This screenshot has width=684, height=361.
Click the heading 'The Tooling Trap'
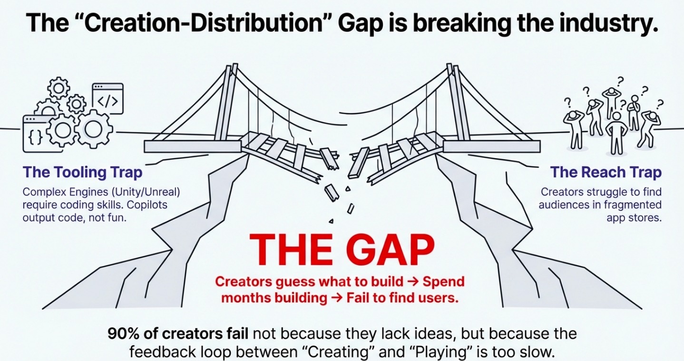pyautogui.click(x=82, y=172)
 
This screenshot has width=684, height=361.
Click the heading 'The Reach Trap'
pyautogui.click(x=606, y=172)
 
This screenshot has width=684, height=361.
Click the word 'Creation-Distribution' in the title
pyautogui.click(x=203, y=23)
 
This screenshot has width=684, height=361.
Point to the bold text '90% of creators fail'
pyautogui.click(x=178, y=334)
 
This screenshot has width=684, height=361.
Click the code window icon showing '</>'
pyautogui.click(x=108, y=98)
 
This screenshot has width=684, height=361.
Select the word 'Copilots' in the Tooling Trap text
pyautogui.click(x=147, y=205)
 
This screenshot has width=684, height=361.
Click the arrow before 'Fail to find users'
pyautogui.click(x=337, y=298)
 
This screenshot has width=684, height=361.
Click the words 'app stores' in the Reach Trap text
pyautogui.click(x=634, y=218)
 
